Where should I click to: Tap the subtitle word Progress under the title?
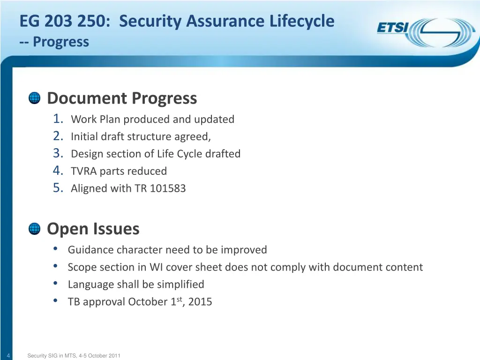[61, 42]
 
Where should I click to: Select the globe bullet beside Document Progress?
[35, 98]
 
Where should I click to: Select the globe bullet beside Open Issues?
[35, 229]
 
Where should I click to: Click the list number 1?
[58, 119]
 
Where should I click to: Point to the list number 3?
[58, 154]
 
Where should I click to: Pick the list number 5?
[58, 188]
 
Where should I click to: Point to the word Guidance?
[90, 250]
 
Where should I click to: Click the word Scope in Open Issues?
[82, 267]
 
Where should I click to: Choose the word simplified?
[181, 285]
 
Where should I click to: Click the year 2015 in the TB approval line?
[200, 302]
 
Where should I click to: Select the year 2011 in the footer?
[114, 356]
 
